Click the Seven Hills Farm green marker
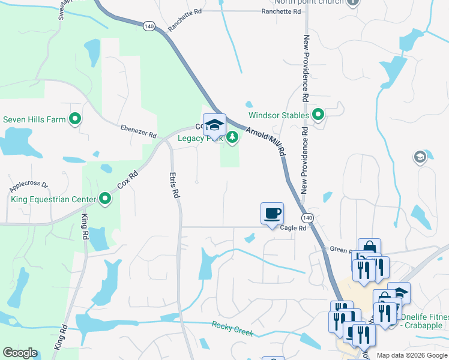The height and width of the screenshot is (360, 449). pyautogui.click(x=75, y=119)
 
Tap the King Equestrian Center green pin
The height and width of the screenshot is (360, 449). pyautogui.click(x=105, y=199)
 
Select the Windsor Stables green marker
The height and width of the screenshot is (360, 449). pyautogui.click(x=319, y=115)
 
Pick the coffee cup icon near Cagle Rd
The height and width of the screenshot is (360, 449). pyautogui.click(x=272, y=213)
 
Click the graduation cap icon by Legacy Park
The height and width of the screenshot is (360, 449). pyautogui.click(x=214, y=124)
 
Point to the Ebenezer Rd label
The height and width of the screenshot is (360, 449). pyautogui.click(x=138, y=131)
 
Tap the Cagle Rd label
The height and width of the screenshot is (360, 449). pyautogui.click(x=293, y=228)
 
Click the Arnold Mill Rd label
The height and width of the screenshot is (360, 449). pyautogui.click(x=265, y=136)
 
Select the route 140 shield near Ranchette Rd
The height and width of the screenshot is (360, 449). pyautogui.click(x=149, y=26)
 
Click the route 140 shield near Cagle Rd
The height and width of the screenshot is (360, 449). pyautogui.click(x=307, y=217)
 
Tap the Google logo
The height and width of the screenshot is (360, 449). pyautogui.click(x=20, y=353)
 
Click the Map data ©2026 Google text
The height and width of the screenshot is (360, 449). pyautogui.click(x=412, y=355)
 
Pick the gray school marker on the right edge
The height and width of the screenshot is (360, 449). pyautogui.click(x=420, y=157)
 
